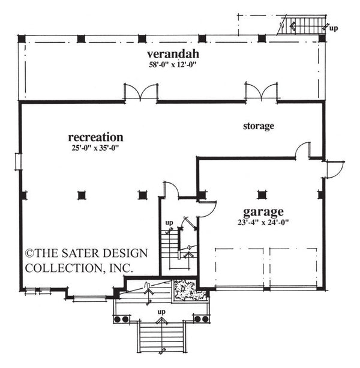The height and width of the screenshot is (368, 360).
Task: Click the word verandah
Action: pyautogui.click(x=170, y=55)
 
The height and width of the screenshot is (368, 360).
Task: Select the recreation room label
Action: pyautogui.click(x=95, y=137)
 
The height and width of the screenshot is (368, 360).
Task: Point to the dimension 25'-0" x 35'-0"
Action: pyautogui.click(x=95, y=148)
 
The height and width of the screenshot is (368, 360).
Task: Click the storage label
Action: pyautogui.click(x=259, y=126)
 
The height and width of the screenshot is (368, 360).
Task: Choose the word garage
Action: pyautogui.click(x=263, y=212)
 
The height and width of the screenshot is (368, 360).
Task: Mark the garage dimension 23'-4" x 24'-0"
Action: pyautogui.click(x=263, y=223)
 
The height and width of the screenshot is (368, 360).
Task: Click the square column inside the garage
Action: pyautogui.click(x=261, y=195)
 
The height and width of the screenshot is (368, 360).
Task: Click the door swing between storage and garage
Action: pyautogui.click(x=303, y=150)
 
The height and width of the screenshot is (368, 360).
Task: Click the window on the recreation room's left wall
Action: pyautogui.click(x=18, y=161)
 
